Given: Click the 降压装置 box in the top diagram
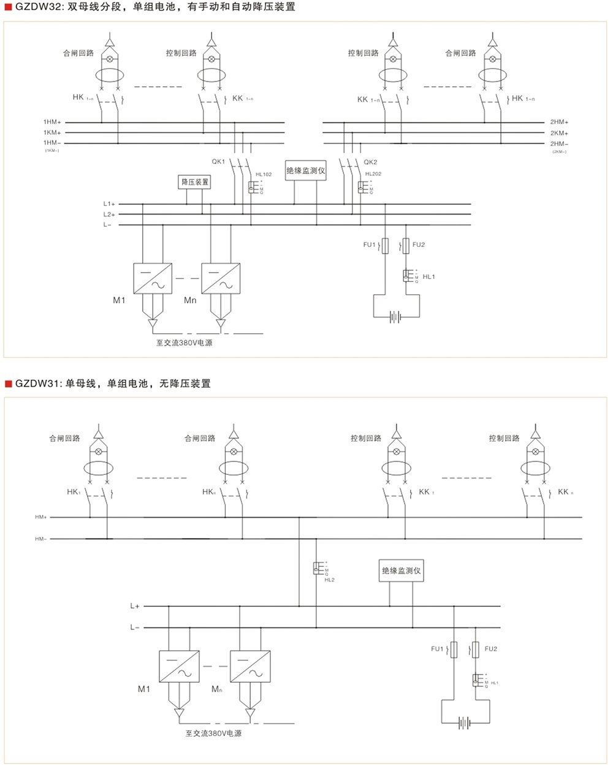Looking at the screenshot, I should pos(195,182).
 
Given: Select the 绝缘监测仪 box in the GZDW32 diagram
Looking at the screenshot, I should pos(306,171).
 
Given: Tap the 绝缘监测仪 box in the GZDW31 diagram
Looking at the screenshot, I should pos(402,570).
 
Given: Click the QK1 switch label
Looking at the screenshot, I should pos(219,162).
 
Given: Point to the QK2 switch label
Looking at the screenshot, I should pos(370,162).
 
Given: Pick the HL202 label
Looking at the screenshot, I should pos(373,174).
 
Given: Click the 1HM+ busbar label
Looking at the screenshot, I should pos(52,123).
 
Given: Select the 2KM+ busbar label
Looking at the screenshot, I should pos(559,133).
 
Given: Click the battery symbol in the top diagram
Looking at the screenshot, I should pos(396,317).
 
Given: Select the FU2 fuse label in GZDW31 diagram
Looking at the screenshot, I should pos(490,649).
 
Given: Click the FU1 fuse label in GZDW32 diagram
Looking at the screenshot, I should pos(369,245).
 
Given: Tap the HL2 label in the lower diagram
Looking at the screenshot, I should pos(329,580).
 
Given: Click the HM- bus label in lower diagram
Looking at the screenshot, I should pos(41,539).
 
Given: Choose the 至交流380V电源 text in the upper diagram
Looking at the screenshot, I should pos(184,343).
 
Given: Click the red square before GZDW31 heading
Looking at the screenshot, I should pos(9,384).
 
